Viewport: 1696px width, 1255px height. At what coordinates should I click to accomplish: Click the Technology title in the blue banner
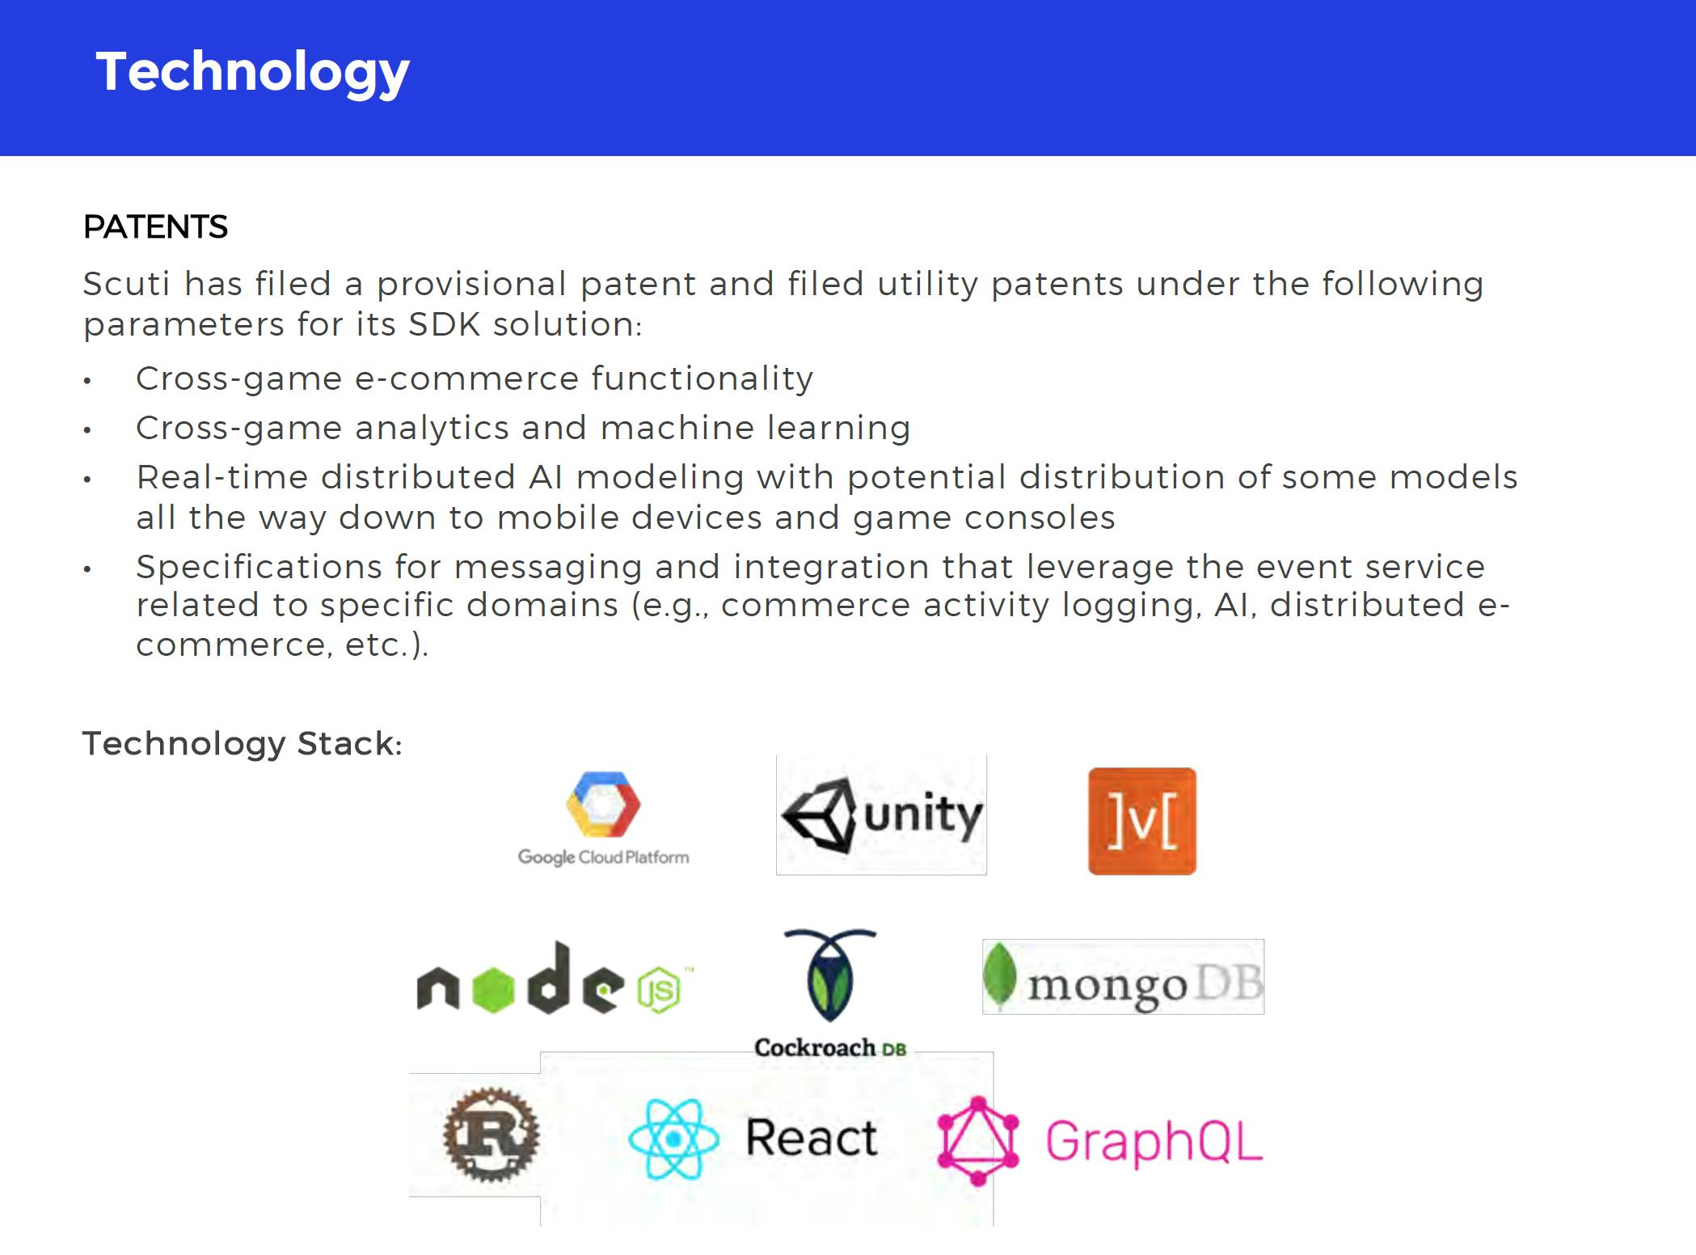253,73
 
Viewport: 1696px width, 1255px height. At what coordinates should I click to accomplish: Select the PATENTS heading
155,227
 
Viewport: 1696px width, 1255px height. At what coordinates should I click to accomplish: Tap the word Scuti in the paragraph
126,284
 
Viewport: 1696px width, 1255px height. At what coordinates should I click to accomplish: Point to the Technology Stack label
243,743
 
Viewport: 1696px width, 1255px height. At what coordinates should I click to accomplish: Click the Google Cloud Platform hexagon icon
603,805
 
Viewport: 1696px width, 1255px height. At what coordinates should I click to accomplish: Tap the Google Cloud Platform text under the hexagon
604,857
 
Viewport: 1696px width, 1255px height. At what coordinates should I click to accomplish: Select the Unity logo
881,815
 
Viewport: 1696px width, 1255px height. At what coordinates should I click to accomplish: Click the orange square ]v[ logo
1142,821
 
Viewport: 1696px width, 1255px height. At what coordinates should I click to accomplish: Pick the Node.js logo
555,979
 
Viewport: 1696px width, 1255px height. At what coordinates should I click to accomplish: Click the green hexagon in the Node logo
492,988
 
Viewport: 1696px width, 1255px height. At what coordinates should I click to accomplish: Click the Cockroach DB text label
830,1048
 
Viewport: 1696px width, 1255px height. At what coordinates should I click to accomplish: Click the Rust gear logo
491,1135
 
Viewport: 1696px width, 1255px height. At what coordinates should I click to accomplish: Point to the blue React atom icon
673,1139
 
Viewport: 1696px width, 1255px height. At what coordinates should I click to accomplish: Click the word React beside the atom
811,1138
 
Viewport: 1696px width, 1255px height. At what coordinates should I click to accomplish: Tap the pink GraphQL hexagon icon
978,1141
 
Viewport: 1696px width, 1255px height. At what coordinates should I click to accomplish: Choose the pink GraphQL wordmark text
1154,1142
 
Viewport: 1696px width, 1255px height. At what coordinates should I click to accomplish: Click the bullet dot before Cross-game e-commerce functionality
87,381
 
